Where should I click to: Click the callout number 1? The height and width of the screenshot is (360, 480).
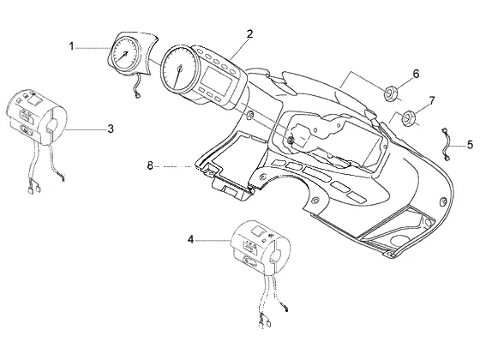tap(71, 46)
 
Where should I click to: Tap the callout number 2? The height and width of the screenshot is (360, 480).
tap(249, 33)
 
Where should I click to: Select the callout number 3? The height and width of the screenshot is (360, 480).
tap(111, 129)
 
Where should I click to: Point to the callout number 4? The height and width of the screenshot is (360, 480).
tap(190, 239)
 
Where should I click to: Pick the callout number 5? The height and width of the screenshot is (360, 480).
tap(471, 145)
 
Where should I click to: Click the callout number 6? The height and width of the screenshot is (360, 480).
tap(416, 74)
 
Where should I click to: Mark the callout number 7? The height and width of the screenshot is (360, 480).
tap(432, 100)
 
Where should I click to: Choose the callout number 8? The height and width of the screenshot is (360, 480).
tap(150, 166)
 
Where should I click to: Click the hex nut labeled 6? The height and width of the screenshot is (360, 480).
tap(391, 93)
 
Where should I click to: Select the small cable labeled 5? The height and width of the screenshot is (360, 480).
tap(446, 144)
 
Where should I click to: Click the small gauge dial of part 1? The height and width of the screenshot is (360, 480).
tap(124, 54)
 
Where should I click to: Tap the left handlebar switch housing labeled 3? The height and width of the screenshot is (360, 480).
tap(37, 117)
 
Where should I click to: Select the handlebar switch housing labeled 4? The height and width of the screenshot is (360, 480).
tap(261, 247)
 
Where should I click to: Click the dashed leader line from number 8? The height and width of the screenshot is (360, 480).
tap(175, 167)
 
